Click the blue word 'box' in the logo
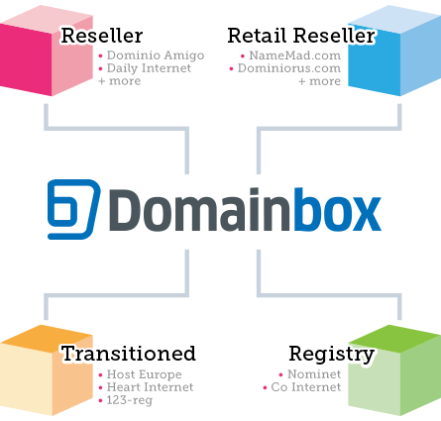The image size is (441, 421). pos(338,209)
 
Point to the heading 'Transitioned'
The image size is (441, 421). pos(129,354)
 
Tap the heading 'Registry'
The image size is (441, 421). pos(332,355)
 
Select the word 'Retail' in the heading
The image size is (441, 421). pos(257,36)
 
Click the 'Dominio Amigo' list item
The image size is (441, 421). pos(156,55)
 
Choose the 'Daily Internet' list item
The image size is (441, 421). pos(149,68)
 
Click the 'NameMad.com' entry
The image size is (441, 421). pos(294,55)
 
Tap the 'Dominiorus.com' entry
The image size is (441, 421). pos(289,68)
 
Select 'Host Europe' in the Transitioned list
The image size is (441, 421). pos(144,374)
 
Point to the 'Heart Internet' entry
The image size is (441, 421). pos(150,387)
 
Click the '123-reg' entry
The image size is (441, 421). pos(130,400)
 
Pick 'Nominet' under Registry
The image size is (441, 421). pos(314,374)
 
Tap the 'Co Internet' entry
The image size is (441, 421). pos(306,387)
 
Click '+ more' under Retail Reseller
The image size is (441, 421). pos(319,81)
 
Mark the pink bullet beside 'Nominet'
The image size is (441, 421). pos(280,374)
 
